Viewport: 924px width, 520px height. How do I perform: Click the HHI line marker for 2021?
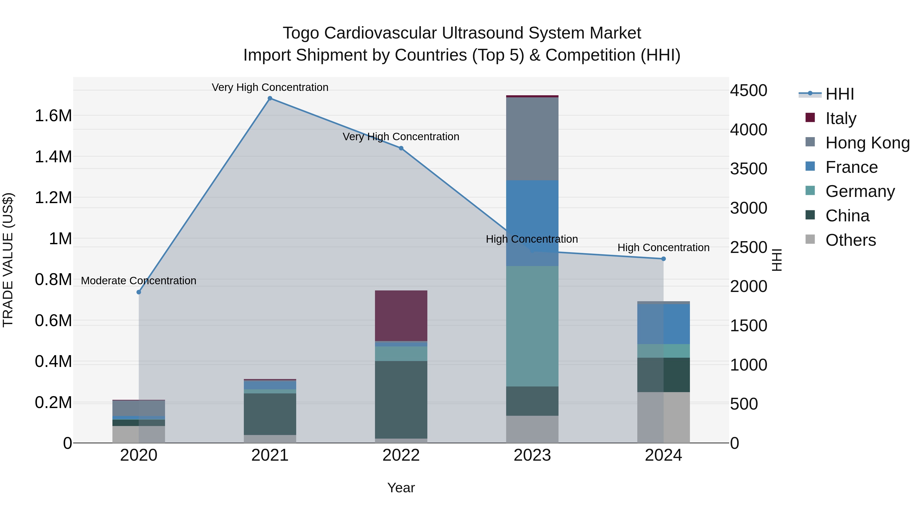270,98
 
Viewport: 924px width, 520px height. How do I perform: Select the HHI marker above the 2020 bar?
139,292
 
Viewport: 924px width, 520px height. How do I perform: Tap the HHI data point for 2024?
663,259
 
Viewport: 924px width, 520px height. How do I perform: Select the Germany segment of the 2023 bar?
532,326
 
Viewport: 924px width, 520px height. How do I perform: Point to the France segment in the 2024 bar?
663,324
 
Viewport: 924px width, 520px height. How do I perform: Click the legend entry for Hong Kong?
867,143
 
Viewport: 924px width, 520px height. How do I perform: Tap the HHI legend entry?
839,94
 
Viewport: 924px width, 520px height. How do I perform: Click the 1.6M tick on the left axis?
53,116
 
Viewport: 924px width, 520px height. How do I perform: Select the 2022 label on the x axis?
401,455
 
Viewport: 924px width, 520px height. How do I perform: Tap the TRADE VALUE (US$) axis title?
8,260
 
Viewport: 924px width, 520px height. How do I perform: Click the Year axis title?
401,488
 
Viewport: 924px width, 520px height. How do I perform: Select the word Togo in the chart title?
301,33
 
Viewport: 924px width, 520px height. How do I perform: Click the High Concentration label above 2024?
663,248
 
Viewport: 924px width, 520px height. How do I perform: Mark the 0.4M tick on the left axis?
53,361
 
